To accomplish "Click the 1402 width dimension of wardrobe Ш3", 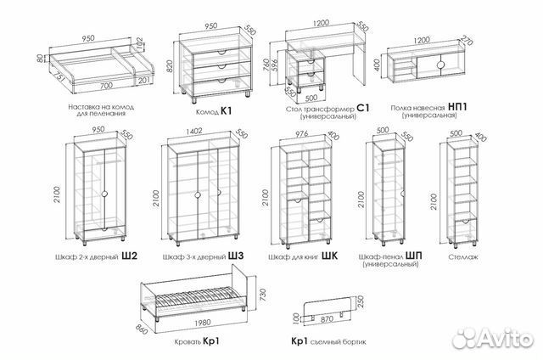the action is (194, 132).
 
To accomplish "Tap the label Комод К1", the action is (214, 111).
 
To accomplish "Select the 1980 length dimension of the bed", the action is (203, 323).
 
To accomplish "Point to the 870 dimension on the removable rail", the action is (327, 318).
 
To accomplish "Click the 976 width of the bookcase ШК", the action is (302, 134).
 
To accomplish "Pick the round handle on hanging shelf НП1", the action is (441, 65).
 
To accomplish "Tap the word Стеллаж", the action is (463, 257).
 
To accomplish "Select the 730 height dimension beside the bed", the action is (263, 295).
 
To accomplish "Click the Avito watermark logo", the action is (493, 337).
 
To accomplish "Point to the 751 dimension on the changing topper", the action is (59, 78).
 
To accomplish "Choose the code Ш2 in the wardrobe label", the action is (130, 256).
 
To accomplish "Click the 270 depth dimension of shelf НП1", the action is (467, 41).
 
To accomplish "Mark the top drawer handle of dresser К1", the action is (221, 53).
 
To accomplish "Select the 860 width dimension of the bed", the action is (142, 329).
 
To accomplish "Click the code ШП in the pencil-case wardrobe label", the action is (414, 256).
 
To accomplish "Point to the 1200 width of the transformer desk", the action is (322, 23).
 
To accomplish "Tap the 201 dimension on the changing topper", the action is (143, 81).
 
